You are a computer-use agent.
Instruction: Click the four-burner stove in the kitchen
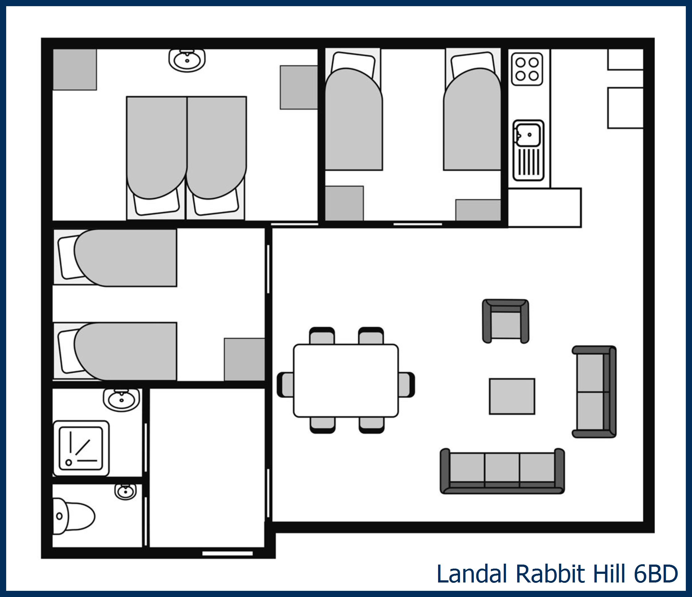pos(527,69)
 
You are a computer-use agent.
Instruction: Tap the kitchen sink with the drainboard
pos(528,150)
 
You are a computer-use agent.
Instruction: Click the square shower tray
pos(81,448)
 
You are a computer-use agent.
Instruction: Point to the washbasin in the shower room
pos(121,399)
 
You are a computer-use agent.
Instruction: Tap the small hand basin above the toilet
pos(125,491)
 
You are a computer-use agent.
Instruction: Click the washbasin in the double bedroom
pos(187,60)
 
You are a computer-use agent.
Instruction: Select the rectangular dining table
pos(346,380)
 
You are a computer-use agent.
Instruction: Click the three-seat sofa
pos(502,471)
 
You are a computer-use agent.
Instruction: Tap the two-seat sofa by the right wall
pos(594,392)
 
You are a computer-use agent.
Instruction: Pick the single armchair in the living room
pos(505,321)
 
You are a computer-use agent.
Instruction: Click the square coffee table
pos(512,396)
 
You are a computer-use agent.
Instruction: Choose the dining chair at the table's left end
pos(285,385)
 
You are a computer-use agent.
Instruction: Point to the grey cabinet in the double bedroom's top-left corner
pos(75,69)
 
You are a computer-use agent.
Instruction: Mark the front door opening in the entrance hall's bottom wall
pos(227,553)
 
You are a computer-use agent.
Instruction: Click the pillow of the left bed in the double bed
pos(156,204)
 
